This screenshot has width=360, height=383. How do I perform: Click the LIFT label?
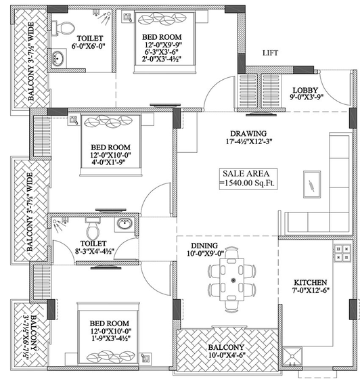point(270,53)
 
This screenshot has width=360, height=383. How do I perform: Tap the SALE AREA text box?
point(248,179)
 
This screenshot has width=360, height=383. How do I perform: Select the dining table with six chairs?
point(231,279)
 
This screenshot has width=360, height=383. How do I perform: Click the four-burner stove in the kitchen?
point(342,253)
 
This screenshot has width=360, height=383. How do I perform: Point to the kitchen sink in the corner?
point(292,356)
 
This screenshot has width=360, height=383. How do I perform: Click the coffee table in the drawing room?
point(312,184)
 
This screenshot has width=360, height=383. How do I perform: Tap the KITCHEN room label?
point(310,283)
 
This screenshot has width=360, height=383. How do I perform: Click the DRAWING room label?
point(248,133)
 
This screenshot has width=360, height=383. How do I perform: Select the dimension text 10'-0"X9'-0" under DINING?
point(206,254)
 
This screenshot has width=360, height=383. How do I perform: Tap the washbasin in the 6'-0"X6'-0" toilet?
point(58,59)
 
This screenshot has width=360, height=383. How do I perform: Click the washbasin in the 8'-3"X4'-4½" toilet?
point(125,223)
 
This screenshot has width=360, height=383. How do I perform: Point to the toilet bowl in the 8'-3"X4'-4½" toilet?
point(93,229)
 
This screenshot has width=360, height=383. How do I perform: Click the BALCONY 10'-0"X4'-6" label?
point(227,351)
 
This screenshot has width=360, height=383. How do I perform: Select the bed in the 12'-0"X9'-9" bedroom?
point(164,42)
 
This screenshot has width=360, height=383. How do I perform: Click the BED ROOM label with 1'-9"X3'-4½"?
point(110,323)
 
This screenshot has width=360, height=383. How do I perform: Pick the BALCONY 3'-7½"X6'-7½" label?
point(30,337)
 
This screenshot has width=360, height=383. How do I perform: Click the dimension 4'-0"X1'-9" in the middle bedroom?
point(108,162)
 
